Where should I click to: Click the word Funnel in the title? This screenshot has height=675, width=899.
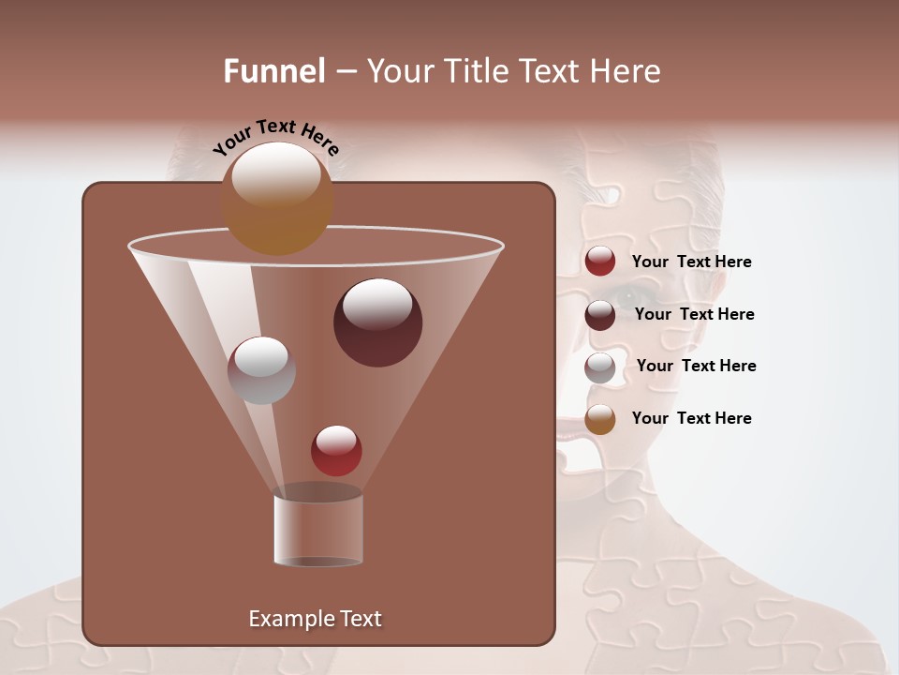(x=273, y=71)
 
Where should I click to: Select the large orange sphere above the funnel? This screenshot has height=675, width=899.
(x=276, y=198)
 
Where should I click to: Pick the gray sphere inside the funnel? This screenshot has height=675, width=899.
(x=261, y=370)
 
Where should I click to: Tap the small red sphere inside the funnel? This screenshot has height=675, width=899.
(x=336, y=450)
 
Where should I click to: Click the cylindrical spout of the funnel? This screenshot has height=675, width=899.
(x=318, y=530)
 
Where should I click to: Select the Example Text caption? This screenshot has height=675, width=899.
(x=316, y=619)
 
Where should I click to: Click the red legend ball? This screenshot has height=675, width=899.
(x=600, y=262)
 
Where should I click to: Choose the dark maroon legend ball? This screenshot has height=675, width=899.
(x=600, y=315)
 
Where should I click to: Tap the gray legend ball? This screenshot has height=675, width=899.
(x=600, y=367)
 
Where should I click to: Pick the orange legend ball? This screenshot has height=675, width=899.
(x=600, y=419)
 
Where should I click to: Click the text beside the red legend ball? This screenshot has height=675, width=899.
(x=691, y=262)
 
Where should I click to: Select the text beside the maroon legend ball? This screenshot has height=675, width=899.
(x=694, y=314)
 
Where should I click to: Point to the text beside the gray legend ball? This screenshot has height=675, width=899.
(x=696, y=366)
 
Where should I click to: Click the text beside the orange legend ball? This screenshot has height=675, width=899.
(x=691, y=418)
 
